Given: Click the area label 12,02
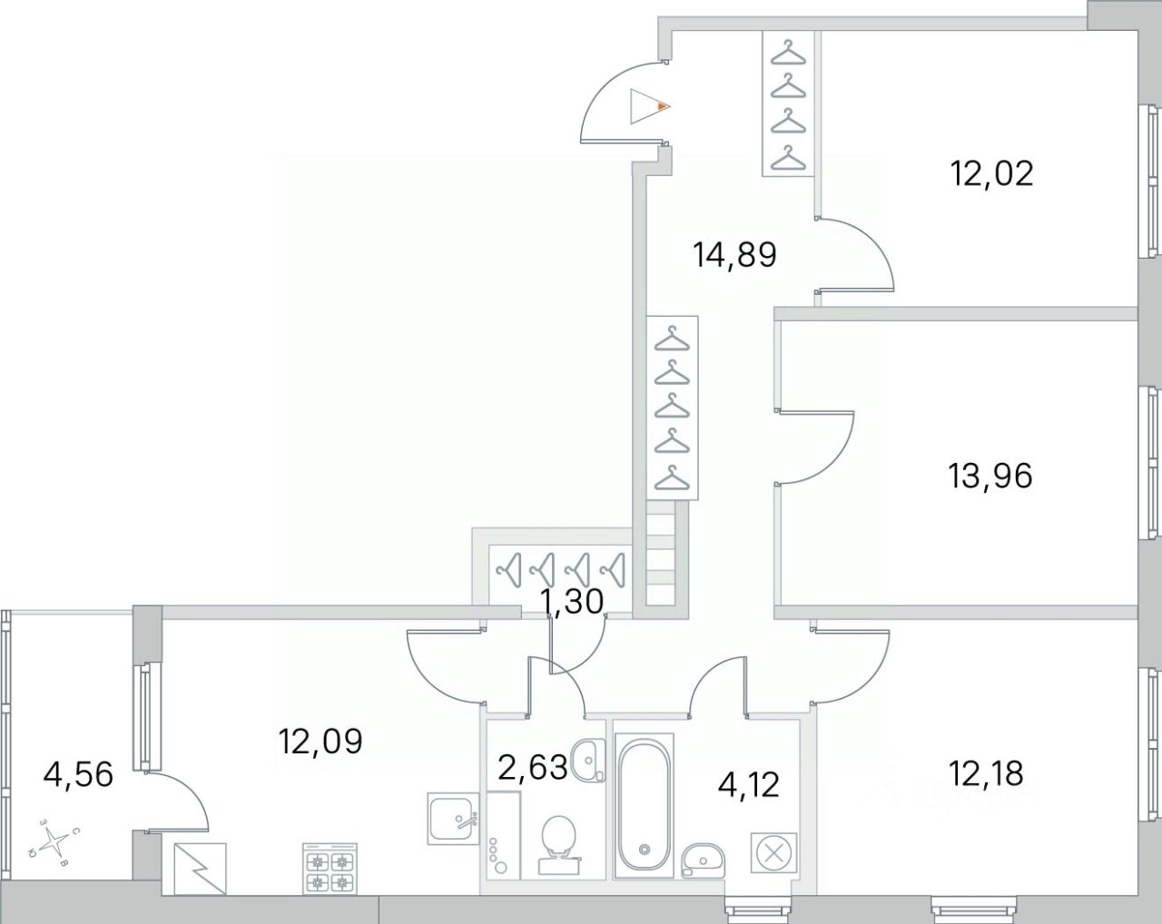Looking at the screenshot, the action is coord(991,172).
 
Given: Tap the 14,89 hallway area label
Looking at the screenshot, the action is coord(734,254).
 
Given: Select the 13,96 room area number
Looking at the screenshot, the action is coord(990,475).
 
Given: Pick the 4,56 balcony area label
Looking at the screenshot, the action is coord(78,774).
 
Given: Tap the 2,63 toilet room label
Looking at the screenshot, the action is coord(532,768).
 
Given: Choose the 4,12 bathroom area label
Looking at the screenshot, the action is coord(749,783).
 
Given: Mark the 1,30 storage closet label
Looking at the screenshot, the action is coord(573,600).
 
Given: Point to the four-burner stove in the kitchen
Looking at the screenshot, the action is coord(330,870).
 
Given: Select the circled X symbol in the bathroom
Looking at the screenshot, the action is coord(773,853).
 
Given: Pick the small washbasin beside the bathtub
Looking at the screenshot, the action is coord(701,857).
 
